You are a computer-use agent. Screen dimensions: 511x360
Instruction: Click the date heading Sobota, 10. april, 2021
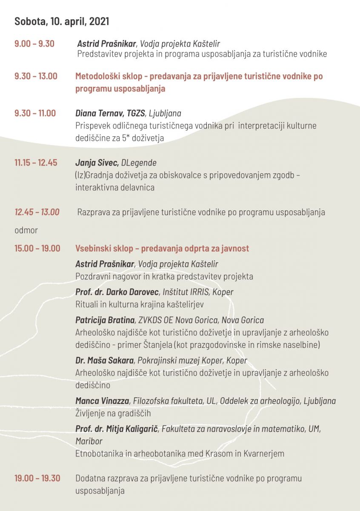click(62, 21)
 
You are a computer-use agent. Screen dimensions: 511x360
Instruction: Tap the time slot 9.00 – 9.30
click(34, 43)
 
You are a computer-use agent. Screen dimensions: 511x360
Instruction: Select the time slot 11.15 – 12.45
click(36, 163)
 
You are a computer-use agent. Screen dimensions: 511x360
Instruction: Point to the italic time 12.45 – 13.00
click(37, 212)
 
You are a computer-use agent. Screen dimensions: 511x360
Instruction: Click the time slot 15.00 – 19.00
click(37, 248)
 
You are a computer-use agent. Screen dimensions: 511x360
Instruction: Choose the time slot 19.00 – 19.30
click(37, 478)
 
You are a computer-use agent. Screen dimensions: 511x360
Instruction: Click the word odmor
click(26, 230)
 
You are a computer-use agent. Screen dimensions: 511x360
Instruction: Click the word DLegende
click(139, 163)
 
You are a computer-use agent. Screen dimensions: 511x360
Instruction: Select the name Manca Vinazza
click(102, 401)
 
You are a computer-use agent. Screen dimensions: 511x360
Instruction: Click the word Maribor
click(89, 441)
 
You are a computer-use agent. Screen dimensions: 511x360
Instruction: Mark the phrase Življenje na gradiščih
click(113, 413)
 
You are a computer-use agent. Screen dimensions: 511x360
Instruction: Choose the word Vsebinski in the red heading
click(94, 248)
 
